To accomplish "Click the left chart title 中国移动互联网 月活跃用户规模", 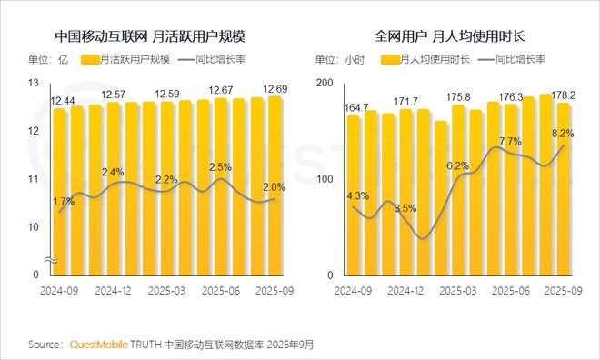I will [150, 37].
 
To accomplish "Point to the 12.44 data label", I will [63, 100].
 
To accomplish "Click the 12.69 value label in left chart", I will [275, 89].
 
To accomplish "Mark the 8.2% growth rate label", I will [559, 133].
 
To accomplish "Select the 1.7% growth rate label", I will [64, 201].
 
